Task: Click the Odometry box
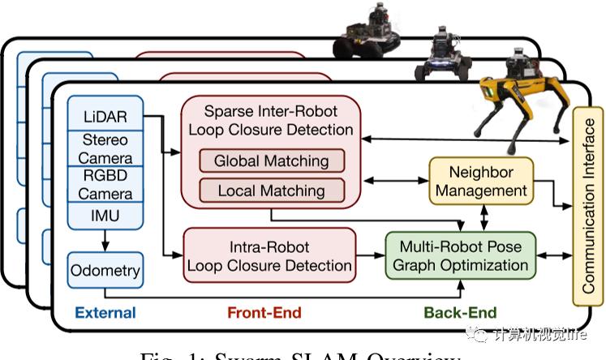click(x=105, y=270)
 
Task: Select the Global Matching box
click(x=271, y=161)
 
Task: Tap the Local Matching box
click(x=271, y=191)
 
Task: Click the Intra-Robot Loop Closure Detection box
click(x=269, y=255)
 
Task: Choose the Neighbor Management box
click(x=481, y=182)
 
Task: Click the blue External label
click(x=105, y=312)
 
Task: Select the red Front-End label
click(x=264, y=312)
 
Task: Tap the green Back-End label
click(x=459, y=312)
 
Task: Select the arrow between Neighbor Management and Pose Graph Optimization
click(x=484, y=216)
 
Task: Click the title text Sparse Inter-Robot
click(x=270, y=111)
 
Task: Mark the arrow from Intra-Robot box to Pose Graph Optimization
click(x=370, y=255)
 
